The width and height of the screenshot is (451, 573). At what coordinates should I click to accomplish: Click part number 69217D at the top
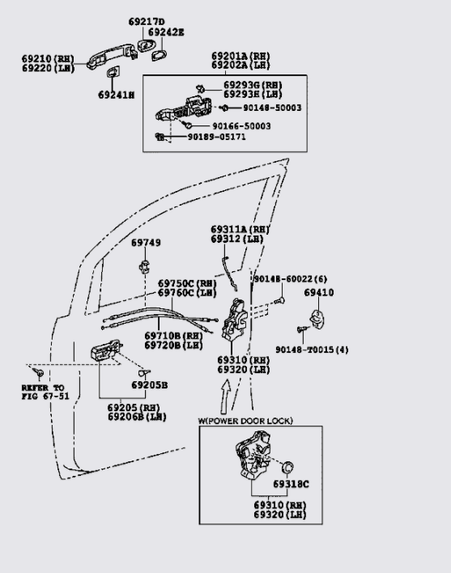click(x=146, y=21)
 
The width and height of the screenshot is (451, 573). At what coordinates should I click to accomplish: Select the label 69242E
click(x=168, y=32)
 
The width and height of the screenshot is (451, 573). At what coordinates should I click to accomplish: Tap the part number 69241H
click(x=117, y=95)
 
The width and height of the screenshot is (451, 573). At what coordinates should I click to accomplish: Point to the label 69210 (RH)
click(x=47, y=59)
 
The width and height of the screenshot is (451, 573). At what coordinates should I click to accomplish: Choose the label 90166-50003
click(x=241, y=126)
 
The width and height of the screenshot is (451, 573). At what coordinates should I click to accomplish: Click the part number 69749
click(x=146, y=242)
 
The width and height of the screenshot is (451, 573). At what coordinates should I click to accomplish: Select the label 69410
click(x=318, y=292)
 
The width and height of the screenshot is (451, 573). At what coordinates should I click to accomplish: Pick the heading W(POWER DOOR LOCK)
click(x=245, y=421)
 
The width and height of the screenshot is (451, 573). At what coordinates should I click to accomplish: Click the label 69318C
click(x=291, y=484)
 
